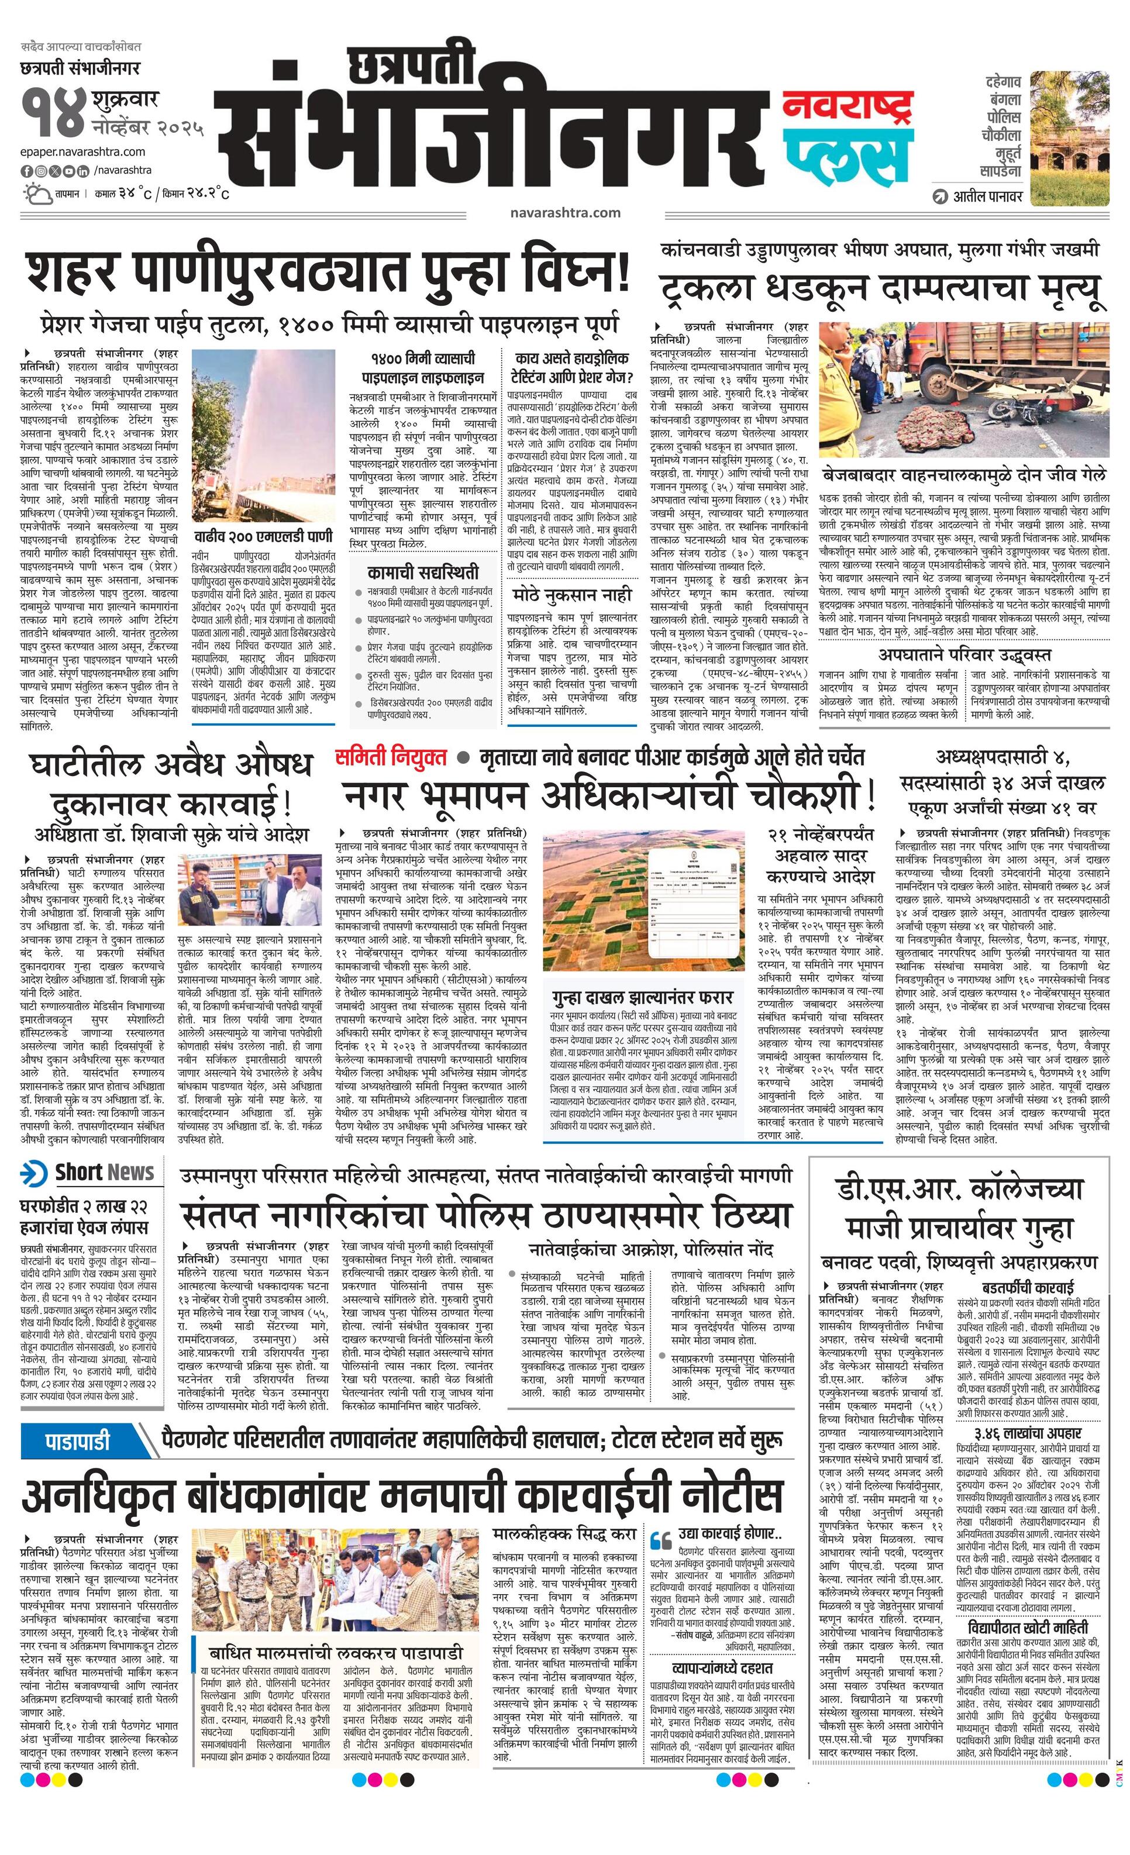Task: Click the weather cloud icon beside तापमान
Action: click(x=35, y=194)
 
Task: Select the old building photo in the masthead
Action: click(x=1069, y=139)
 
